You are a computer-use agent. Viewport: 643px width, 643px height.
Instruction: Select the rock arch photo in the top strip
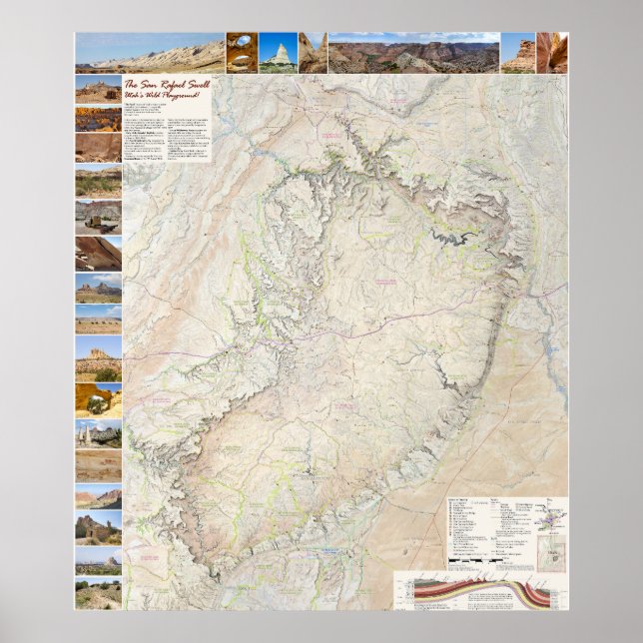(x=241, y=52)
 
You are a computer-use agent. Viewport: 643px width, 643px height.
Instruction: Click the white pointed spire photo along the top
(x=278, y=52)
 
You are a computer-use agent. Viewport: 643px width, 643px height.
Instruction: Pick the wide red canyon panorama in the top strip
(x=413, y=52)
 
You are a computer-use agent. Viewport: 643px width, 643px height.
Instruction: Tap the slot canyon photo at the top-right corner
(x=551, y=52)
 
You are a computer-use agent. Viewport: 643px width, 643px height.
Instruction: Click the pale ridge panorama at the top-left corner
(x=149, y=52)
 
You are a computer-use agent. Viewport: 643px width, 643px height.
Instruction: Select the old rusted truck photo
(x=98, y=219)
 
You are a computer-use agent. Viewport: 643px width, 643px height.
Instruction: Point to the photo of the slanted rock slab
(x=98, y=254)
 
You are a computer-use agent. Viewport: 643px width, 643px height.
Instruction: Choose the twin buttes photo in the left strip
(x=98, y=289)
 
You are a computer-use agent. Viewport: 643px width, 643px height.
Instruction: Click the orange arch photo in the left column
(x=98, y=400)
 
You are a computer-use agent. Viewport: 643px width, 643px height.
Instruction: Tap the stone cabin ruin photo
(x=98, y=526)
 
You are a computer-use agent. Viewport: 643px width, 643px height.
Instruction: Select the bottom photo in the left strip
(x=98, y=593)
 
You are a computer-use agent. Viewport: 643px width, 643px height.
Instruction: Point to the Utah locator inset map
(x=552, y=554)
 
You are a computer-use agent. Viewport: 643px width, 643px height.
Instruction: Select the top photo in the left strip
(x=98, y=90)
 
